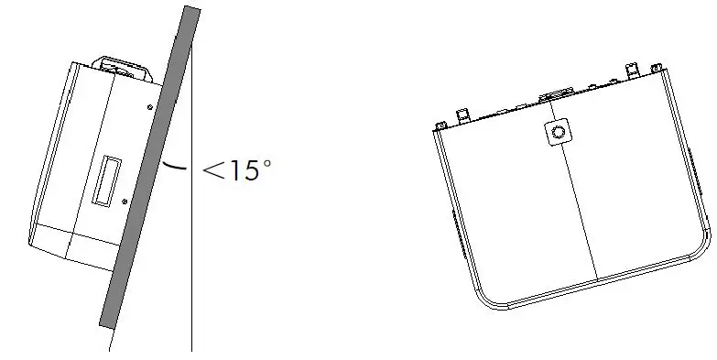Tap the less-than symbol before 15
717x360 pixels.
click(213, 170)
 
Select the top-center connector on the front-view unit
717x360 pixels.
click(556, 93)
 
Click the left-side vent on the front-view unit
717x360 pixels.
click(459, 224)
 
